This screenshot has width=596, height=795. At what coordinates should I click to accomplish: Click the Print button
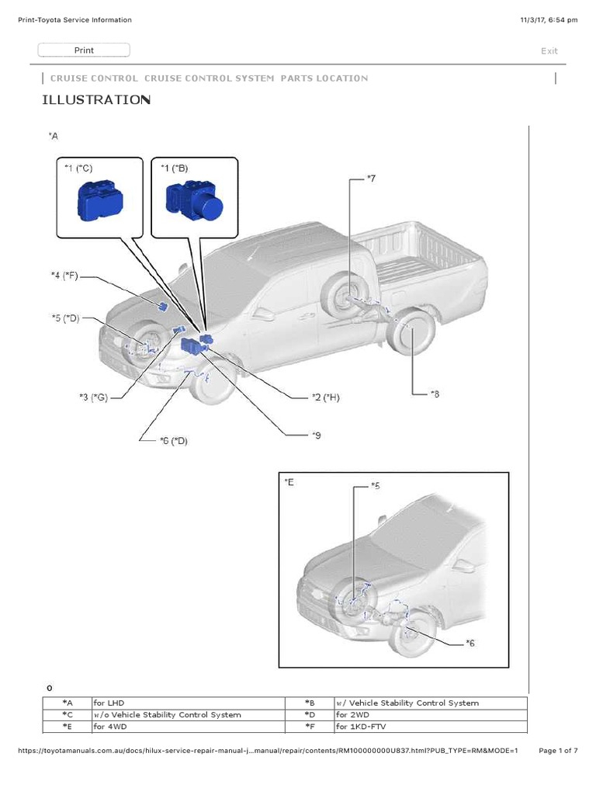(84, 50)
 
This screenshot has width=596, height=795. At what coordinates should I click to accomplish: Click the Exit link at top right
(549, 51)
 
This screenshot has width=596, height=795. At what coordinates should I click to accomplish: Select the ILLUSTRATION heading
(95, 100)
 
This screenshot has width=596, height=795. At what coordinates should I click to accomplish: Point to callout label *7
(371, 179)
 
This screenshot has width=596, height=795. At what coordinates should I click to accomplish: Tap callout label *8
(435, 394)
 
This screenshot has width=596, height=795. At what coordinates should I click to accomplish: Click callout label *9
(316, 435)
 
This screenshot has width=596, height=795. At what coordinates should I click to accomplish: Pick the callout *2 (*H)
(325, 397)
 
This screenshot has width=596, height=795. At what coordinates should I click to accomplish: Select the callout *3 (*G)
(92, 397)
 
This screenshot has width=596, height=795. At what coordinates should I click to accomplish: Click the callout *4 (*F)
(65, 274)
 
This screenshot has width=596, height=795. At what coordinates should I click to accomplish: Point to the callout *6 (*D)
(173, 441)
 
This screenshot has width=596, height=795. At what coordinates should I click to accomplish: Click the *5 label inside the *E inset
(375, 486)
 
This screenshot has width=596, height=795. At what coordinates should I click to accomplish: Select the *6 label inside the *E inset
(470, 643)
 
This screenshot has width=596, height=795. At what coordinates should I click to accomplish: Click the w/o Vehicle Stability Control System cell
(167, 715)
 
